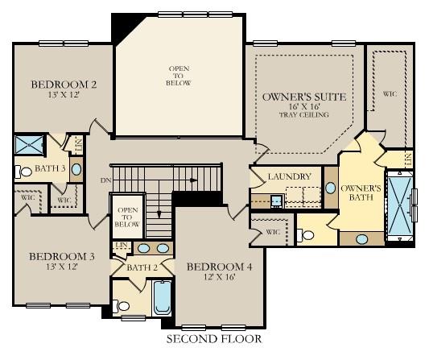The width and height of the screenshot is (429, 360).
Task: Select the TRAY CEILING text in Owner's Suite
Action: [x=304, y=114]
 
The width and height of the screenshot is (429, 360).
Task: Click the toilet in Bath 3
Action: [x=19, y=171]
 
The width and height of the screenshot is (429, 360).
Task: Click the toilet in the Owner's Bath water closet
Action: [x=305, y=235]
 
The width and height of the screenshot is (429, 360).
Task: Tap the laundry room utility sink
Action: [x=276, y=201]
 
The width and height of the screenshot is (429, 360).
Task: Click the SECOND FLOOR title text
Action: [x=213, y=339]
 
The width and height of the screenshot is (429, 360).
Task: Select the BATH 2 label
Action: [x=142, y=267]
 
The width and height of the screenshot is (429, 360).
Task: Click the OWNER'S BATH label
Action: [x=360, y=193]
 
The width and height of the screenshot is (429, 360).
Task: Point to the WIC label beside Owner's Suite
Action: [x=390, y=93]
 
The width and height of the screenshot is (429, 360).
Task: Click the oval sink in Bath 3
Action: [x=76, y=169]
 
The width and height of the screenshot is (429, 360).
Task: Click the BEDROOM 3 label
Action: [x=62, y=257]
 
